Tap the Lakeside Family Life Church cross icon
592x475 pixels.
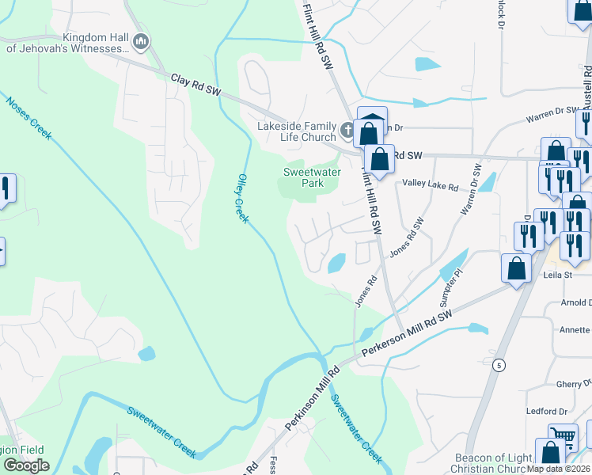pyautogui.click(x=347, y=129)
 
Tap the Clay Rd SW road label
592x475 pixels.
pyautogui.click(x=195, y=85)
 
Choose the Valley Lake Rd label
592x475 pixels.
pyautogui.click(x=431, y=186)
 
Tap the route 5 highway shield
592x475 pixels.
pyautogui.click(x=498, y=365)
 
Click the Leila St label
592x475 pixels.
pyautogui.click(x=557, y=275)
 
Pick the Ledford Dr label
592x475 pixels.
pyautogui.click(x=547, y=412)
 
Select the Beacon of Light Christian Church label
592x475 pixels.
pyautogui.click(x=493, y=464)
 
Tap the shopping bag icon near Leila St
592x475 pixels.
pyautogui.click(x=516, y=267)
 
